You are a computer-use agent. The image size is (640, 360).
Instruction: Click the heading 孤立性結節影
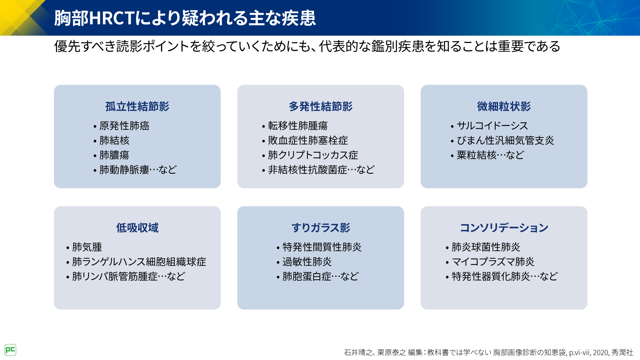point(137,107)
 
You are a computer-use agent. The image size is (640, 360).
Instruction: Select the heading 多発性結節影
point(321,107)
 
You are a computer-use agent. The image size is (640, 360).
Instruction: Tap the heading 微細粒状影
point(504,107)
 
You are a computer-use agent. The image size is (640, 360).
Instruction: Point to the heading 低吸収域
point(137,228)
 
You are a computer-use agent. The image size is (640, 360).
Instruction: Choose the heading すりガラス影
point(321,228)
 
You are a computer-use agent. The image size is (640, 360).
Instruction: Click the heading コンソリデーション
point(504,228)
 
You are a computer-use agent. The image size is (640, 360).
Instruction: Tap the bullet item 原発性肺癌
point(124,126)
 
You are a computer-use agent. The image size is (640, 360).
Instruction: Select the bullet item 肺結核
point(114,140)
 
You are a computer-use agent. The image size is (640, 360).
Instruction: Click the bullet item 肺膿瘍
point(114,155)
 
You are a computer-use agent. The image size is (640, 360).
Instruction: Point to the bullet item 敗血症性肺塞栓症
point(308,140)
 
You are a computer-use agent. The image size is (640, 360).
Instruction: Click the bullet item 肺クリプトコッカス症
point(313,155)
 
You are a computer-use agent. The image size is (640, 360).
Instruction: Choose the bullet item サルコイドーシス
point(492,126)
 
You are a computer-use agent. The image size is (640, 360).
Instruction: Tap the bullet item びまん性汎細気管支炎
point(505,140)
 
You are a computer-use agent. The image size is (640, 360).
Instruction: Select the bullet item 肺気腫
point(87,247)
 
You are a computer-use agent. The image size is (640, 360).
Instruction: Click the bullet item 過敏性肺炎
point(307,262)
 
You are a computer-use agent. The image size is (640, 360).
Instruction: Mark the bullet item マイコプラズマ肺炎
point(493,262)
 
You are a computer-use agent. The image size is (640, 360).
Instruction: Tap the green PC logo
point(10,350)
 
